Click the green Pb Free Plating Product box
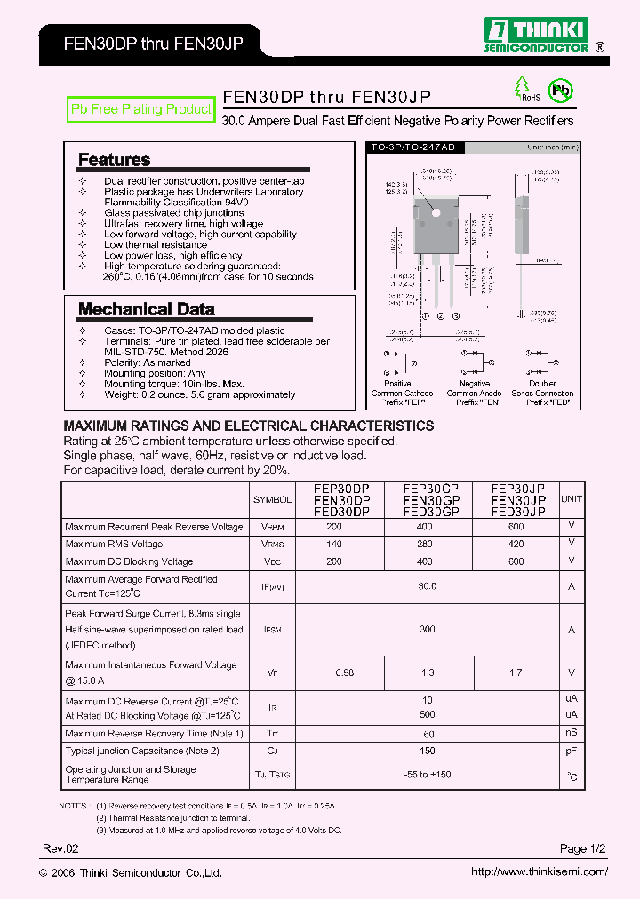click(141, 109)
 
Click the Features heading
click(114, 160)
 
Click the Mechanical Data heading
click(146, 309)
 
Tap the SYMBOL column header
click(271, 500)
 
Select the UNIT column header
click(572, 499)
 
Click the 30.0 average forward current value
click(427, 586)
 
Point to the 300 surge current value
click(427, 629)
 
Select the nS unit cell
click(572, 733)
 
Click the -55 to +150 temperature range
click(427, 775)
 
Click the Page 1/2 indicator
click(583, 849)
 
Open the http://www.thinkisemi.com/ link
click(540, 871)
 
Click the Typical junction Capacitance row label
click(142, 751)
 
